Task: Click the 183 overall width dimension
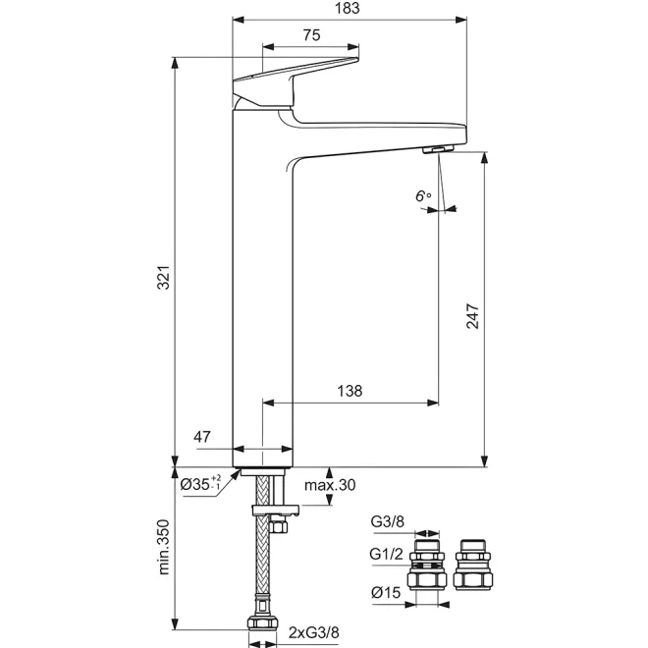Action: (x=348, y=8)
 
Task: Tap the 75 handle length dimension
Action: (x=311, y=35)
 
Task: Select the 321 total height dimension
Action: (x=164, y=277)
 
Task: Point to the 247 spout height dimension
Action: (x=472, y=316)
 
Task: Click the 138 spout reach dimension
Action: (x=350, y=391)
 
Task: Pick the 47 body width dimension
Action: (x=202, y=437)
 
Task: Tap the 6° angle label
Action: (x=423, y=196)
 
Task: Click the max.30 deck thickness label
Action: (x=330, y=485)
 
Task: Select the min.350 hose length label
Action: (x=164, y=547)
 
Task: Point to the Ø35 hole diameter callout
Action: (x=201, y=483)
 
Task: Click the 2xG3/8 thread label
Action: (x=313, y=632)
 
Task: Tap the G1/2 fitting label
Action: (x=386, y=554)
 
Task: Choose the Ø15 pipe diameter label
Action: (x=386, y=593)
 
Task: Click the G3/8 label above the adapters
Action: (x=387, y=522)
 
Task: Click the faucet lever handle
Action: (x=296, y=81)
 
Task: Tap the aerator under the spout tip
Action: (x=438, y=149)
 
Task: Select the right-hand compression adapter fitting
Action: (x=473, y=565)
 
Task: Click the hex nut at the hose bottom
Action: (x=262, y=623)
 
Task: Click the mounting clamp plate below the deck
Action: (x=275, y=510)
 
